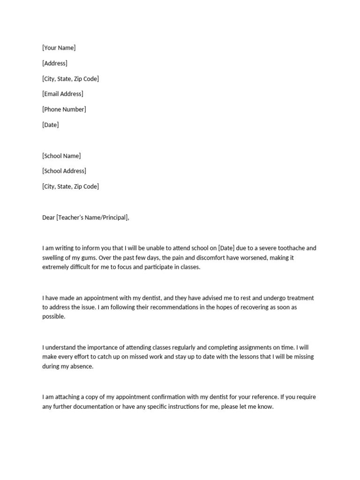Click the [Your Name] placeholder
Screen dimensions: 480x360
59,48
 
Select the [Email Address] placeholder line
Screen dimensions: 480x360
63,94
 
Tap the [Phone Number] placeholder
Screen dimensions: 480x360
64,109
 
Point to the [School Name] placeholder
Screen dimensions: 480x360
61,156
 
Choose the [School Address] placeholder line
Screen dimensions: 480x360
64,171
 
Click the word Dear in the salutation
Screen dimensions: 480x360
48,217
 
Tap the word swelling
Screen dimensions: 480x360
54,258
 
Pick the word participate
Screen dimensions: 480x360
152,267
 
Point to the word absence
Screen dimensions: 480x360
82,367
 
